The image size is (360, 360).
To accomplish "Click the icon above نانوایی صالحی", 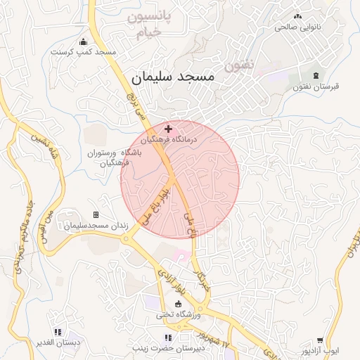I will tap(297, 15).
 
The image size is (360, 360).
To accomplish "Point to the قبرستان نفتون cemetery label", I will tap(315, 86).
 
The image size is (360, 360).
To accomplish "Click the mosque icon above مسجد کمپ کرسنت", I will tap(84, 41).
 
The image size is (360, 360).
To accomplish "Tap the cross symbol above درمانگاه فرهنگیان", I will tap(168, 129).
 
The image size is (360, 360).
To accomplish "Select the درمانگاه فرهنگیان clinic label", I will tap(169, 140).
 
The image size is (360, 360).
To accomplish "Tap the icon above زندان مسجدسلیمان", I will tap(96, 214).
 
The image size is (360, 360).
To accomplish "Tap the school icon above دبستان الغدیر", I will tap(58, 331).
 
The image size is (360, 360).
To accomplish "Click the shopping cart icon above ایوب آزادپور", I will tap(320, 340).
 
